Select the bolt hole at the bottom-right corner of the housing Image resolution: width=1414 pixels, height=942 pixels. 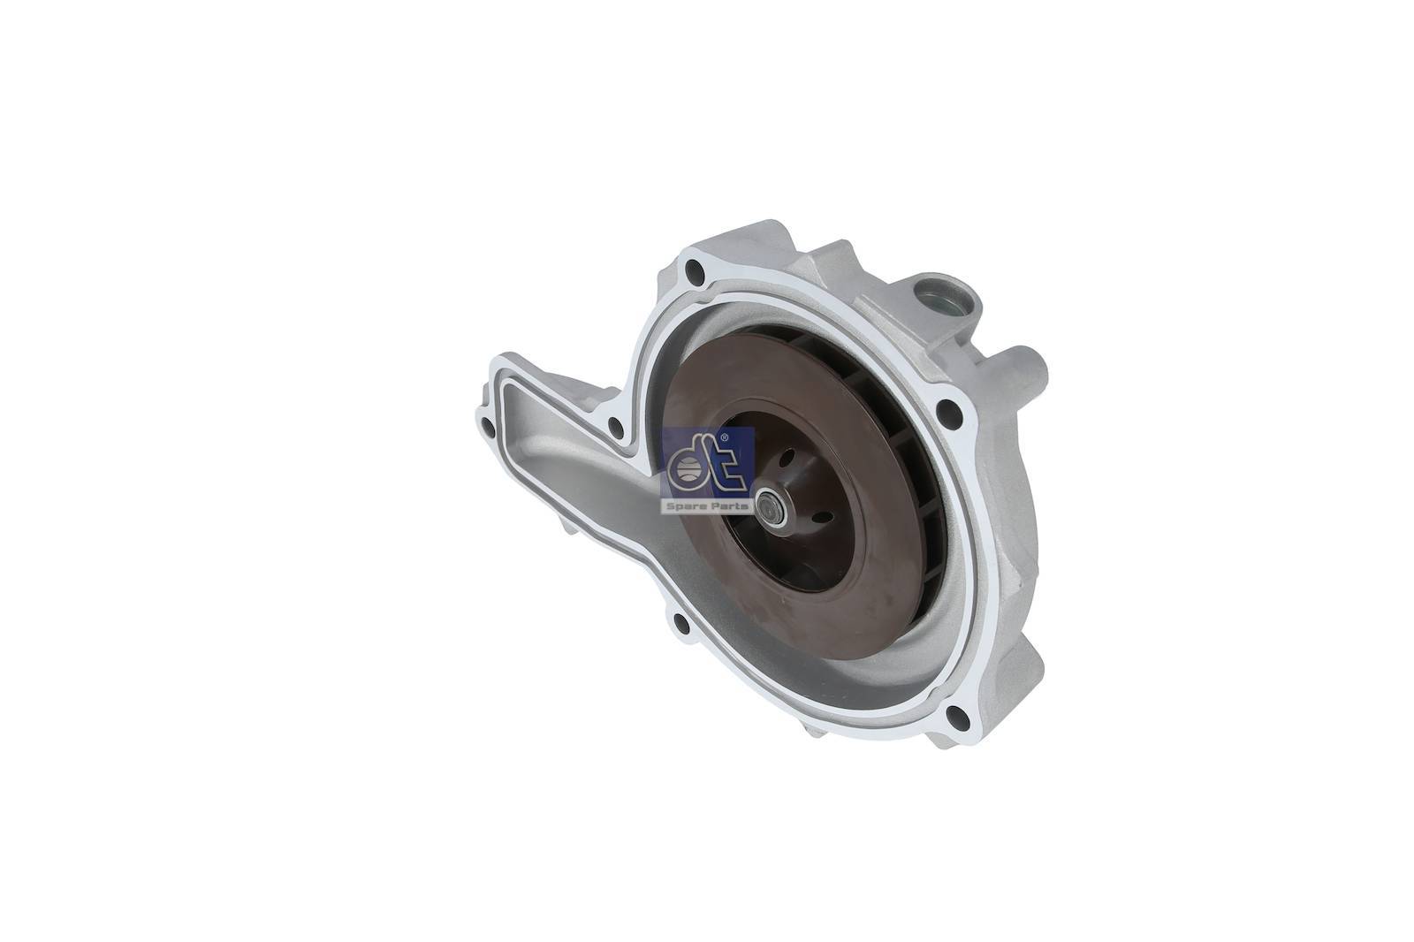click(x=957, y=716)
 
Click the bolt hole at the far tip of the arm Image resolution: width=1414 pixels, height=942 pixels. click(x=487, y=427)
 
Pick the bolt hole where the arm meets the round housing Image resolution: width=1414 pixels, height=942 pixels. click(x=615, y=428)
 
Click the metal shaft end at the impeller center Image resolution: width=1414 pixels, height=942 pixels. click(x=771, y=503)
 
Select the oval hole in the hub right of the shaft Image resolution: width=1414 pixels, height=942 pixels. click(x=822, y=516)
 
